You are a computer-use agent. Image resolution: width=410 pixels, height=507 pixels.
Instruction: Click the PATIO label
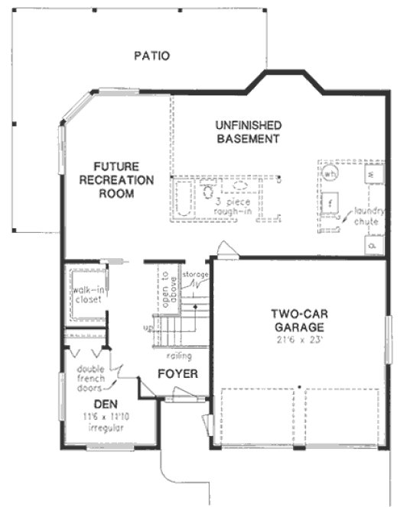[151, 56]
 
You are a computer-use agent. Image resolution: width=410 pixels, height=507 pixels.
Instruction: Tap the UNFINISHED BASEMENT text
[247, 131]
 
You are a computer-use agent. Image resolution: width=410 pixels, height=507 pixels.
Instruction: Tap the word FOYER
[177, 374]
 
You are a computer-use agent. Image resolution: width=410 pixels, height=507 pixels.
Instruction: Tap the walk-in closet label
[88, 294]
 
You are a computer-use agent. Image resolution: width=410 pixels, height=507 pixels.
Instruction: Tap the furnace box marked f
[330, 203]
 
